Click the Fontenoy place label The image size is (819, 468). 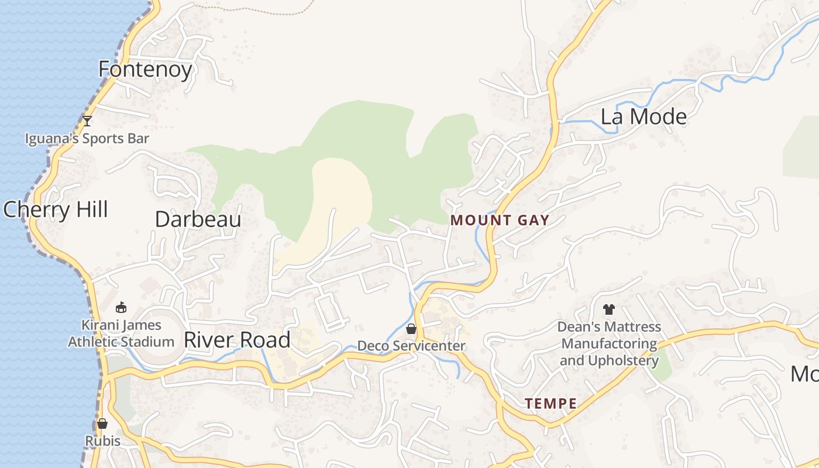pyautogui.click(x=145, y=70)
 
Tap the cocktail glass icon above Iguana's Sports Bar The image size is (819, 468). pyautogui.click(x=87, y=121)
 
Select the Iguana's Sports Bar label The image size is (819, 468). pyautogui.click(x=87, y=139)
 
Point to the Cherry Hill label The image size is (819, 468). pyautogui.click(x=56, y=209)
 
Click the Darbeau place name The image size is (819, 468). pyautogui.click(x=198, y=219)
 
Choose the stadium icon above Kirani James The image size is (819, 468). pyautogui.click(x=121, y=307)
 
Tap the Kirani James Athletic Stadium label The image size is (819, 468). pyautogui.click(x=121, y=333)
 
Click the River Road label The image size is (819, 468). pyautogui.click(x=237, y=340)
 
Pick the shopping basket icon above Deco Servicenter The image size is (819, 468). pyautogui.click(x=411, y=329)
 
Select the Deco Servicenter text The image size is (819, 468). pyautogui.click(x=411, y=346)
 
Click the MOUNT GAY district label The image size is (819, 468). pyautogui.click(x=500, y=221)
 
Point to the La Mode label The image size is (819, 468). pyautogui.click(x=643, y=117)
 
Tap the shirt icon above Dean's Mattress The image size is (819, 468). pyautogui.click(x=609, y=309)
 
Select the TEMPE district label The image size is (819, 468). pyautogui.click(x=550, y=404)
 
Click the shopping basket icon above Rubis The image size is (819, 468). pyautogui.click(x=102, y=424)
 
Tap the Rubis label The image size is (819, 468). pyautogui.click(x=102, y=441)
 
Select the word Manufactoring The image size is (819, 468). pyautogui.click(x=609, y=343)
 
